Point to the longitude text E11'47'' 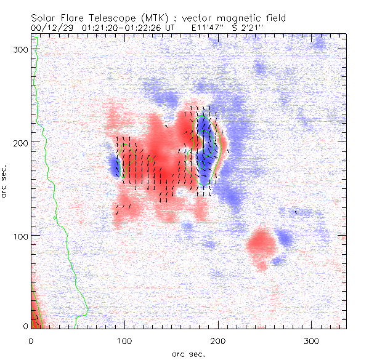(x=209, y=28)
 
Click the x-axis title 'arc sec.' (x=188, y=353)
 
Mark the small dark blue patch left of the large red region (x=114, y=164)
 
